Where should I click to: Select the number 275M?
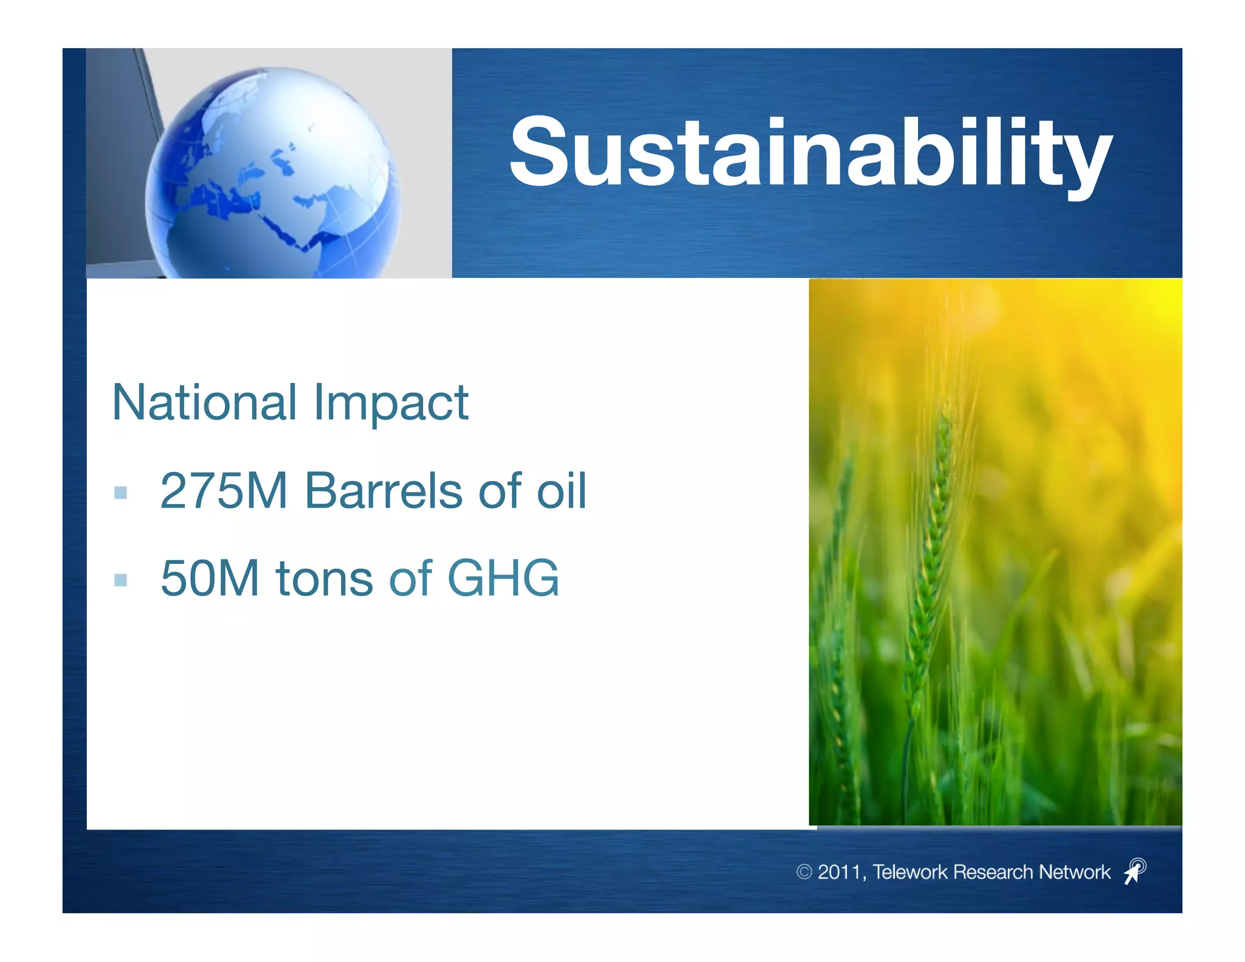pos(223,491)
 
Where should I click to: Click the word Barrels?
pos(383,491)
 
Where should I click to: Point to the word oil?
pos(562,491)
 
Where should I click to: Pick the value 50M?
pos(210,578)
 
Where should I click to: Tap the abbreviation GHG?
pos(503,578)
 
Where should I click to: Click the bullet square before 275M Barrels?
pos(121,493)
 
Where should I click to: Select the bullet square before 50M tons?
pos(121,580)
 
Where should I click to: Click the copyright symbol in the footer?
pos(804,872)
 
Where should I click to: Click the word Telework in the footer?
pos(909,872)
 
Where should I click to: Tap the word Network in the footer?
pos(1074,872)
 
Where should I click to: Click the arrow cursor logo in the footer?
pos(1134,871)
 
